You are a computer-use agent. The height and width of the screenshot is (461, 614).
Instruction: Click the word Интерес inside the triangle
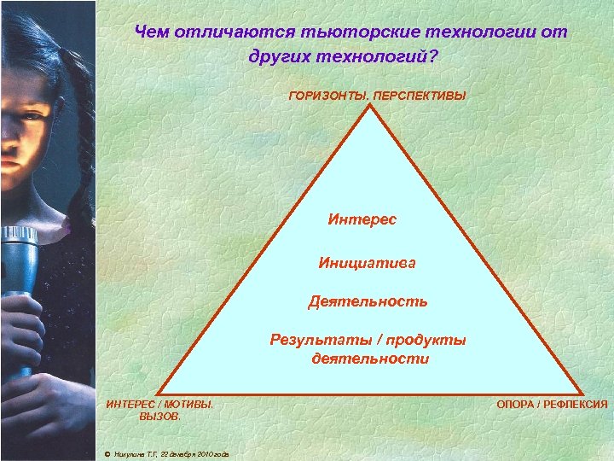coord(362,219)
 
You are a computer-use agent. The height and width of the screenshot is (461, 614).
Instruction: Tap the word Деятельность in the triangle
coord(368,301)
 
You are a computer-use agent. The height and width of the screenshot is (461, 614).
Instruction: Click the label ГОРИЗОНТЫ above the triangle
coord(328,96)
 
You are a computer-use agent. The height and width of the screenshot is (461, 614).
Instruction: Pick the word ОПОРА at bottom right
coord(515,405)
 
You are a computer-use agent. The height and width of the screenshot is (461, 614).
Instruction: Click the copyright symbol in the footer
coord(106,452)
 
